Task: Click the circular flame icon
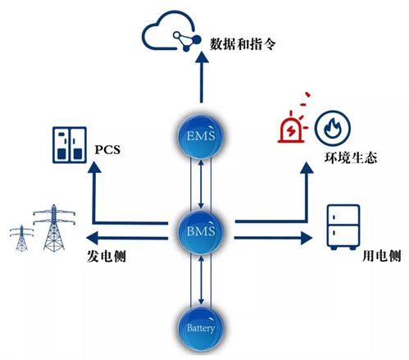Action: [x=329, y=126]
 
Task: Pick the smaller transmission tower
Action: [x=19, y=238]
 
